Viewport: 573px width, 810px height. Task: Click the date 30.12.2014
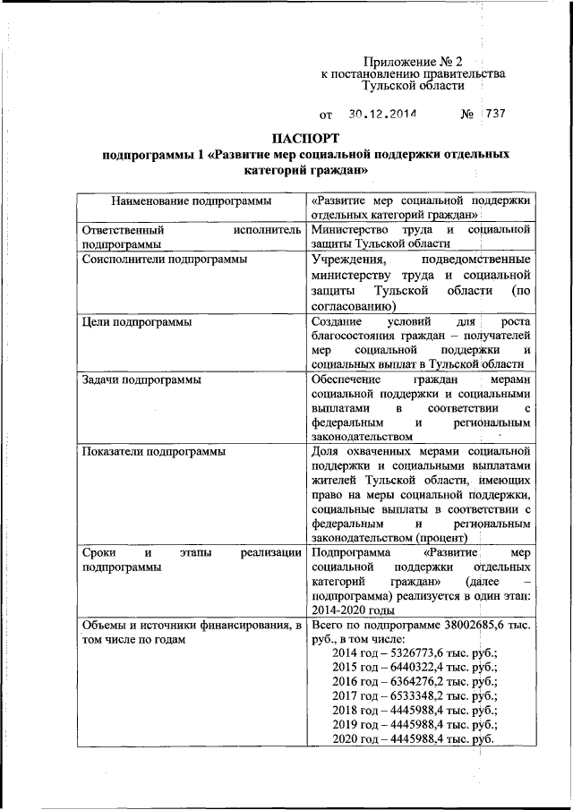tap(384, 115)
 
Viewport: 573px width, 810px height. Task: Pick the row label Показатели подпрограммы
tap(152, 449)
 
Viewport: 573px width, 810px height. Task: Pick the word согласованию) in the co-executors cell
tap(348, 304)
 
